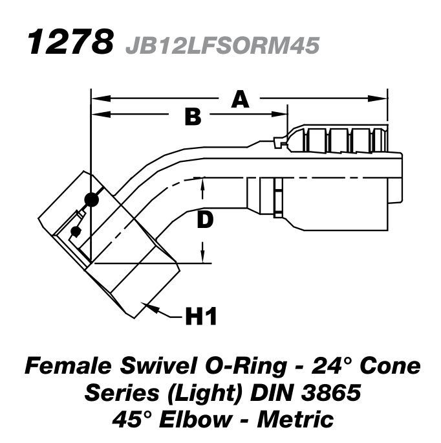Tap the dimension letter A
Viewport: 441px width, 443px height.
pos(241,99)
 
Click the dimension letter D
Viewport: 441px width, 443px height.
pos(204,220)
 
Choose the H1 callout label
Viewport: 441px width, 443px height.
pos(200,317)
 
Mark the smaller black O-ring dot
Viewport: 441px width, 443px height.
pos(76,231)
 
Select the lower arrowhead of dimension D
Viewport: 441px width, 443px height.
pos(204,257)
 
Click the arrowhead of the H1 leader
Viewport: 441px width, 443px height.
pos(149,304)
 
